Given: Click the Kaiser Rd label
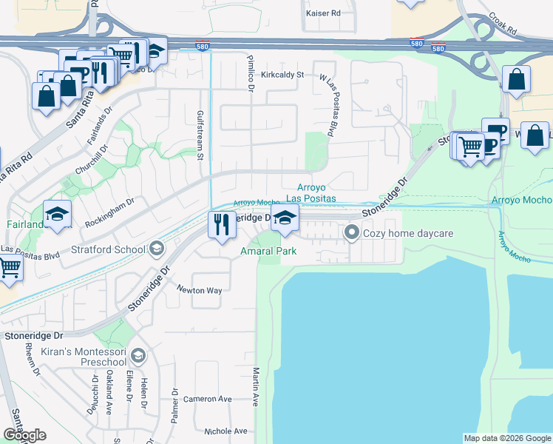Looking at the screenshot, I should [x=323, y=13].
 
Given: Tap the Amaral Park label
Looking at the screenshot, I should [x=268, y=251].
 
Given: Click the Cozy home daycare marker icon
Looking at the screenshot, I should [x=352, y=234].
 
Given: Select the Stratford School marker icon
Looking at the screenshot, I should [x=156, y=249].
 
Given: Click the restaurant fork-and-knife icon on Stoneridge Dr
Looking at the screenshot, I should [x=222, y=223].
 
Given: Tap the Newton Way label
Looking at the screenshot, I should [x=199, y=291].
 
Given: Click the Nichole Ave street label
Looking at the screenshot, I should [x=225, y=431].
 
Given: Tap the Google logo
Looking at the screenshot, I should [x=24, y=436].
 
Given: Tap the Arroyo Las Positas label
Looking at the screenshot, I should [x=311, y=193].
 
